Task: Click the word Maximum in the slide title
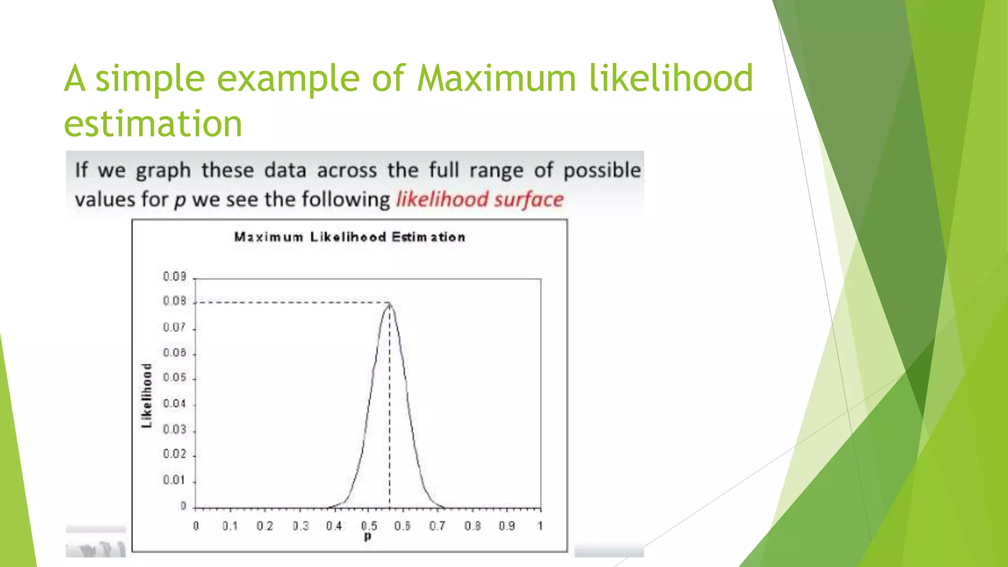click(496, 79)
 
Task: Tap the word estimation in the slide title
click(153, 124)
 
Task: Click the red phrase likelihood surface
click(480, 200)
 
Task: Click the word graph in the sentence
click(163, 171)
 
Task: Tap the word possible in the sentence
click(602, 171)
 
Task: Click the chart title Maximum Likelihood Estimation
click(349, 237)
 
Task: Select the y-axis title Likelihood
click(147, 396)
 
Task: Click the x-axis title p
click(368, 536)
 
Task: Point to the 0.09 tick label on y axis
click(175, 277)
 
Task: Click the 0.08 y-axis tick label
click(175, 301)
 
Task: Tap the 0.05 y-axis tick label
click(175, 378)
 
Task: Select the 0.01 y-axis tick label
click(175, 480)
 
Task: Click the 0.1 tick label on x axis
click(230, 526)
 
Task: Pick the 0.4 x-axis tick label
click(334, 526)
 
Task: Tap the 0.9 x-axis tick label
click(506, 526)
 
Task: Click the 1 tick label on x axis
click(540, 526)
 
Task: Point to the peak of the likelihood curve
click(389, 303)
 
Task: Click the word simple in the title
click(150, 79)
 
